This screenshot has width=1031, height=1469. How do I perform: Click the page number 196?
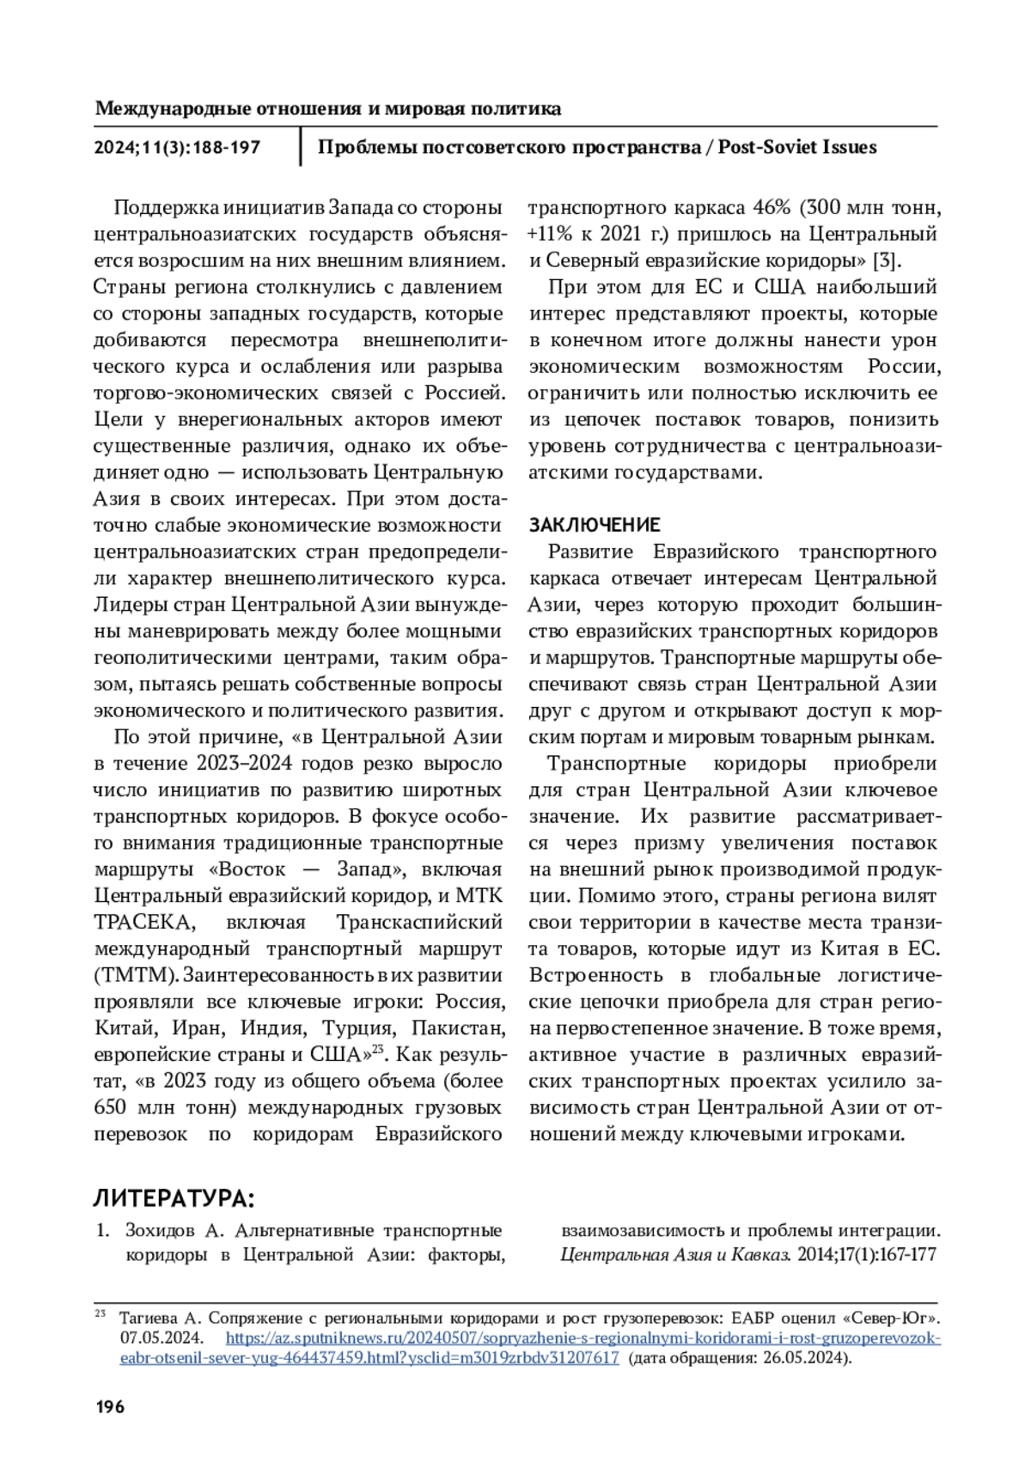(109, 1406)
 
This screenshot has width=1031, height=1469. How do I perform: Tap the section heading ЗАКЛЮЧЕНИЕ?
(594, 525)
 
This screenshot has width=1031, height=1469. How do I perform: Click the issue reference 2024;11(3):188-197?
(177, 147)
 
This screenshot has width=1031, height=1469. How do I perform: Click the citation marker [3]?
(887, 261)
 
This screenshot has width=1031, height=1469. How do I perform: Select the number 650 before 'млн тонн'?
(113, 1107)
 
